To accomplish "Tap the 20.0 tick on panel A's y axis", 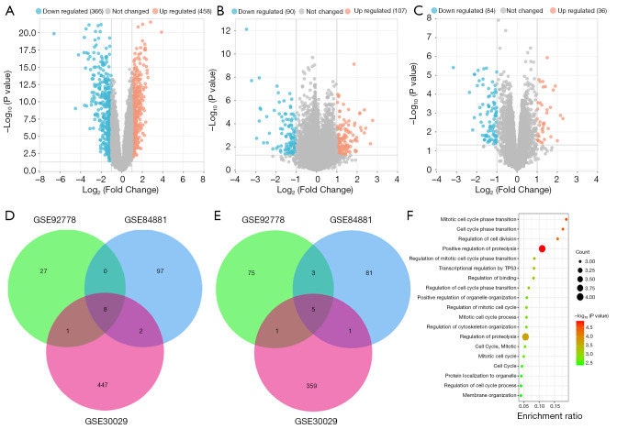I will point(27,32).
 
